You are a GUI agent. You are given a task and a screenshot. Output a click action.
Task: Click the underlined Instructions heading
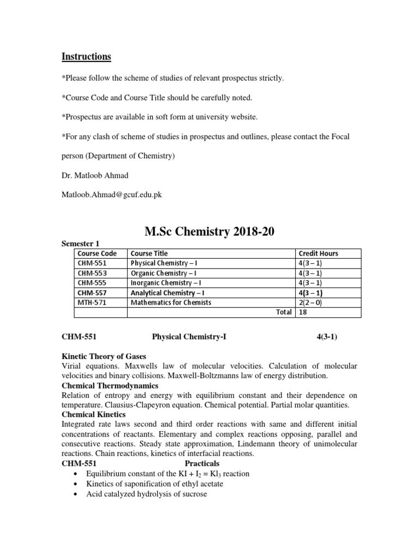[86, 57]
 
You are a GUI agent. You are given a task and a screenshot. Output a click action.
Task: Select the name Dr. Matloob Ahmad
[94, 175]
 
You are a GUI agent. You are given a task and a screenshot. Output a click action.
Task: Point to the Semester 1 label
[80, 244]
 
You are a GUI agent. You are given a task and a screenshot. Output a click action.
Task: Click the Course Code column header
[97, 253]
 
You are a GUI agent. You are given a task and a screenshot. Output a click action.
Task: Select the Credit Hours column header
[318, 253]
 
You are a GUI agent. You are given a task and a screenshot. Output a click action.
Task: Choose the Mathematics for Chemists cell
[170, 302]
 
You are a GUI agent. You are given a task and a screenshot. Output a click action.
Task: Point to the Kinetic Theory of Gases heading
[104, 356]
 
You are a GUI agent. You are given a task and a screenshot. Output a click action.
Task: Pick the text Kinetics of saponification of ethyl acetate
[154, 484]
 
